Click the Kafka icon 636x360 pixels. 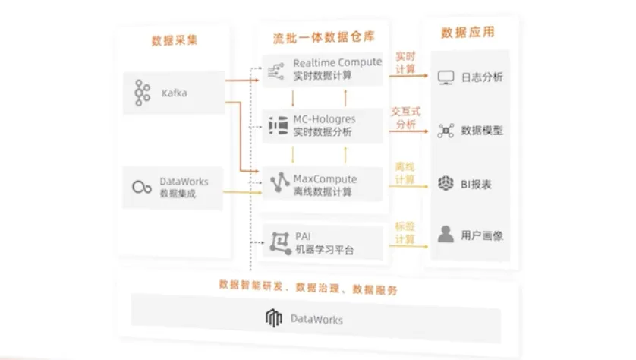(x=140, y=93)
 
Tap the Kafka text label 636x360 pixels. (x=175, y=93)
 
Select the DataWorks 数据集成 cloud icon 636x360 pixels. (x=140, y=188)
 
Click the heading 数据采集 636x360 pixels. (x=175, y=40)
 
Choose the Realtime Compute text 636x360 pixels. (x=337, y=62)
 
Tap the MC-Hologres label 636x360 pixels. (x=324, y=119)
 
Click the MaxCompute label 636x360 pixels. (x=325, y=179)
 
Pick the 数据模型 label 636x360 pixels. (x=482, y=131)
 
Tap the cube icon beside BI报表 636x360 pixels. (x=446, y=183)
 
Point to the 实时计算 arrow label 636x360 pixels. (x=406, y=63)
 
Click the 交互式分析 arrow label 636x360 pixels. (x=405, y=118)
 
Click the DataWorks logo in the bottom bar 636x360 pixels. (x=274, y=319)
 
